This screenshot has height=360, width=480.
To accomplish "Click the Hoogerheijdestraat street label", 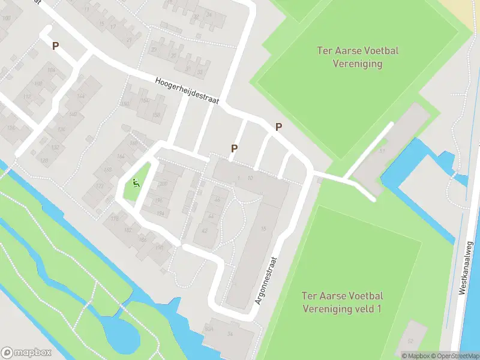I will [187, 91].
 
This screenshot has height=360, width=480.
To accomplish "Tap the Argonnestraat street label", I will [268, 281].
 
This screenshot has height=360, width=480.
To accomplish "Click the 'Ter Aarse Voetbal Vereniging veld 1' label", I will [343, 302].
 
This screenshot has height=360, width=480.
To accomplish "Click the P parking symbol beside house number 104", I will [56, 46].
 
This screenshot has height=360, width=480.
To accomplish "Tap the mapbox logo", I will [26, 353].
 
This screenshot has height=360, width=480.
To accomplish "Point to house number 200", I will [163, 184].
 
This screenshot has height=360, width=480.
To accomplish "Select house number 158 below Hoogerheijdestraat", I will [157, 115].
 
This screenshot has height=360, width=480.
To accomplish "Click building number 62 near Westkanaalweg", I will [410, 341].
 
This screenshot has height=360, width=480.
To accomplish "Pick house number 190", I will [159, 247].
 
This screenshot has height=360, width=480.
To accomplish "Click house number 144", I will [80, 96].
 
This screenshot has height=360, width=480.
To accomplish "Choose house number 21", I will [129, 40].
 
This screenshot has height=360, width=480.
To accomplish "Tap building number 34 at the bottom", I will [229, 334].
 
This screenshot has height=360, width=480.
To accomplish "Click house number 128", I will [43, 160].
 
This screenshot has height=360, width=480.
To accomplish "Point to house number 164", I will [120, 157].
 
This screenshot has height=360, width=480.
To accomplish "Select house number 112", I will [26, 97].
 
